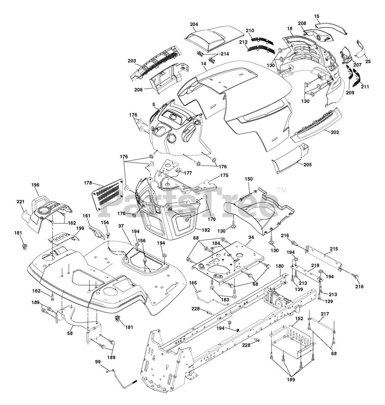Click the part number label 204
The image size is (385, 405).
point(194,24)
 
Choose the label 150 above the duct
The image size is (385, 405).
point(249,179)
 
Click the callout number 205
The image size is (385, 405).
point(307,165)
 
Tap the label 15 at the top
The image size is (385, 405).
point(317,16)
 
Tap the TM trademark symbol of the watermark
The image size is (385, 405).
point(281,190)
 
